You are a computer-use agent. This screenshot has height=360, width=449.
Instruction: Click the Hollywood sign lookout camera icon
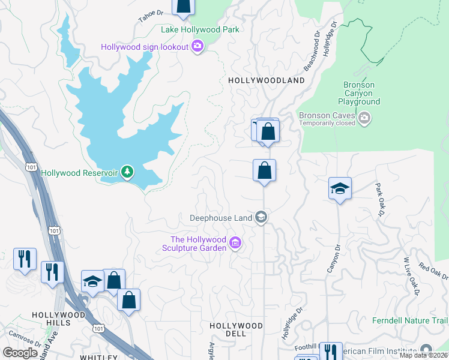[197, 47]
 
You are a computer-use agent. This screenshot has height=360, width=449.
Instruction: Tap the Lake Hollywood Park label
[200, 29]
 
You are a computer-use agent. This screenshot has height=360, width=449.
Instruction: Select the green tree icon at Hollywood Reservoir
[127, 173]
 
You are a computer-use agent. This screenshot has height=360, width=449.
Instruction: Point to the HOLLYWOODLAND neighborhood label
[266, 80]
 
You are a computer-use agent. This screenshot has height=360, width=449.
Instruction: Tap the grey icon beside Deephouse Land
[261, 217]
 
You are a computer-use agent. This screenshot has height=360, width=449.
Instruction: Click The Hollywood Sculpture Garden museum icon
[235, 244]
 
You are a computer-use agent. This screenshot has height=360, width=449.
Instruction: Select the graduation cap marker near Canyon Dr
[340, 189]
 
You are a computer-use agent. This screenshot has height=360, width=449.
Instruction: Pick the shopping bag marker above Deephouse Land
[264, 171]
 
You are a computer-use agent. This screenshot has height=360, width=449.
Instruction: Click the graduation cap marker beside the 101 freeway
[92, 282]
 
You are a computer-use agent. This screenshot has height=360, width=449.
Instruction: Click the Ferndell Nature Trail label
[410, 320]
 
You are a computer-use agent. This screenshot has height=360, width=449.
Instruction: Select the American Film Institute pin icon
[426, 349]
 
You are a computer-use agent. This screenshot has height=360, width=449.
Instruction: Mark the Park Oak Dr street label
[380, 200]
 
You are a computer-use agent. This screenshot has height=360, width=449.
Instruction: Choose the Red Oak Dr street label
[433, 271]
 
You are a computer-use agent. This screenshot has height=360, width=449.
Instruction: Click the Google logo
[20, 353]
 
